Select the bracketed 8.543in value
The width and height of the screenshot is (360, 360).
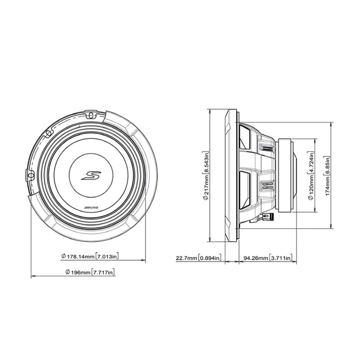[206, 161]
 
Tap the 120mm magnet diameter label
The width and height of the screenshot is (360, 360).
[310, 188]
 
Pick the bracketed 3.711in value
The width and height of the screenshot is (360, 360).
[281, 259]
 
